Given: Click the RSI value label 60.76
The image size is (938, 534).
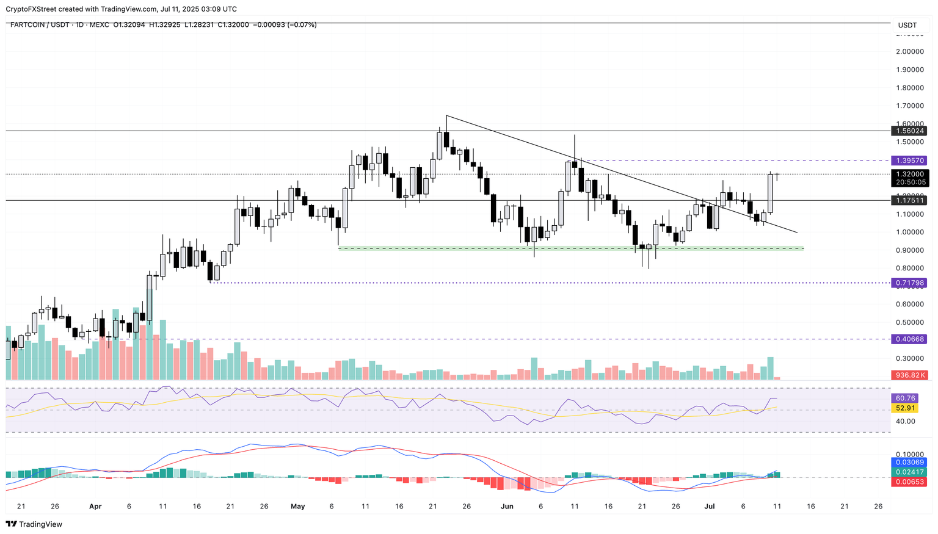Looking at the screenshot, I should coord(904,399).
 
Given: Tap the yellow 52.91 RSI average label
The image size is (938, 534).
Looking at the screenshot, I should coord(904,408).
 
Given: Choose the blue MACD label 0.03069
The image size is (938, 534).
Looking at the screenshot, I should coord(910,463).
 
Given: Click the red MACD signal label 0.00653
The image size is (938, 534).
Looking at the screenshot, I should coord(910,482).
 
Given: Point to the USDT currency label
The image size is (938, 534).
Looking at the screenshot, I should coord(907,25).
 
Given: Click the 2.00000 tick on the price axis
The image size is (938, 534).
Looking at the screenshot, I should coord(909,51).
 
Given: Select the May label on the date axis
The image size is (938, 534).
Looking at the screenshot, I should coord(297,507).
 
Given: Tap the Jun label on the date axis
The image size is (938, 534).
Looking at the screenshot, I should coord(506,507).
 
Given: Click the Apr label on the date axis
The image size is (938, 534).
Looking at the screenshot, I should coord(95,507).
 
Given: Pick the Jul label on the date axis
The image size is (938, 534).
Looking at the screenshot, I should coord(710,507).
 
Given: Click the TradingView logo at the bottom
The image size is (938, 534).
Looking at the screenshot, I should coord(34,524).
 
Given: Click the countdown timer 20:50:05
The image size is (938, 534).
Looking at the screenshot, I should coord(910,182).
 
